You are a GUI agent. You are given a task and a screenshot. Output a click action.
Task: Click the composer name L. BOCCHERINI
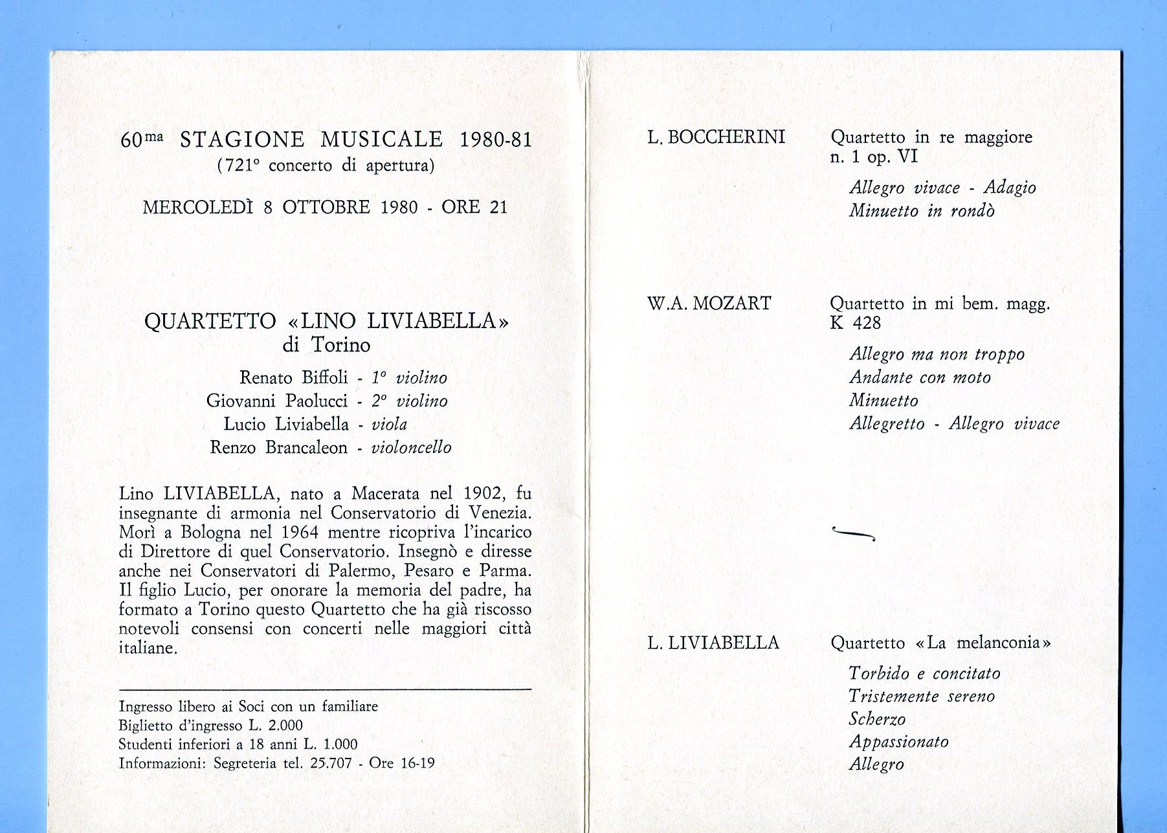[x=716, y=137]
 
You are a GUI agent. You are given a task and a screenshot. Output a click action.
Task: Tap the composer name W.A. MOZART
[x=709, y=304]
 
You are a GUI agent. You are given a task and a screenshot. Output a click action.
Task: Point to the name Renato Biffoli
[x=293, y=377]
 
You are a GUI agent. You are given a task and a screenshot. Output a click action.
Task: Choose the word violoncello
[x=411, y=447]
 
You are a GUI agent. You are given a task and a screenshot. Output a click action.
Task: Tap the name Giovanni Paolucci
[x=277, y=401]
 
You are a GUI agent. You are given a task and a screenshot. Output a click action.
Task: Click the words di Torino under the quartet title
[x=326, y=345]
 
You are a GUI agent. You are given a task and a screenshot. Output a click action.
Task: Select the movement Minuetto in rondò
[x=922, y=211]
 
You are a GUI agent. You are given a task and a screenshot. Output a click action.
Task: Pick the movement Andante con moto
[x=920, y=377]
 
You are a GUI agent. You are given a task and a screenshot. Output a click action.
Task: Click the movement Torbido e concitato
[x=924, y=674]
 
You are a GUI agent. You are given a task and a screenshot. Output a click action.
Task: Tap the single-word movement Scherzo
[x=877, y=719]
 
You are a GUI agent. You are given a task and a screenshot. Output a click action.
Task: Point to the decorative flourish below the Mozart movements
[x=853, y=533]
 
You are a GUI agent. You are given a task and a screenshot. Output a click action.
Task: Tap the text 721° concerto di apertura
[x=326, y=166]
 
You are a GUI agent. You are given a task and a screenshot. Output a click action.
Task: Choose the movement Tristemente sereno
[x=922, y=696]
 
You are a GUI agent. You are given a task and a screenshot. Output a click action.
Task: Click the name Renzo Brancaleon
[x=278, y=447]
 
